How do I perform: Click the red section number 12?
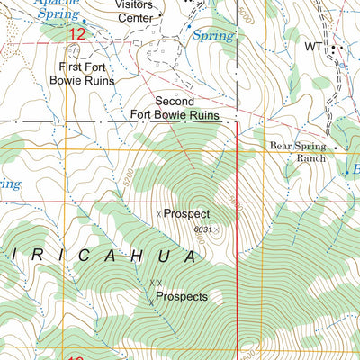(x=76, y=34)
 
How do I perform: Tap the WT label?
(x=312, y=46)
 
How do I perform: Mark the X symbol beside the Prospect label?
(x=159, y=214)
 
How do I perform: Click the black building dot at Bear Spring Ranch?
(x=334, y=148)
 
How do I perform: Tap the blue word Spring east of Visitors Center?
(x=212, y=37)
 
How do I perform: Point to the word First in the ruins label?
(x=73, y=67)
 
